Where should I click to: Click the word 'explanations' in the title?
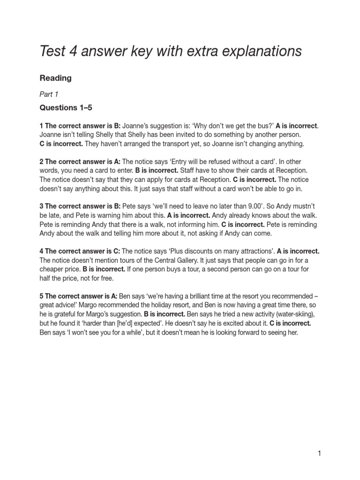262,51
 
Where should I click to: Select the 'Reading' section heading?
55,78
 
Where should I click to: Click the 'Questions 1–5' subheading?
66,108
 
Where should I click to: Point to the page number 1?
319,453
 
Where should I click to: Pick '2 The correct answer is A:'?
80,162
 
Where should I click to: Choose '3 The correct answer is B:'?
80,206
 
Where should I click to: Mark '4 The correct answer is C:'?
80,251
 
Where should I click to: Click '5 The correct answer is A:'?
79,297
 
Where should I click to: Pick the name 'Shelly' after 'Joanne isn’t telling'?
110,135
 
